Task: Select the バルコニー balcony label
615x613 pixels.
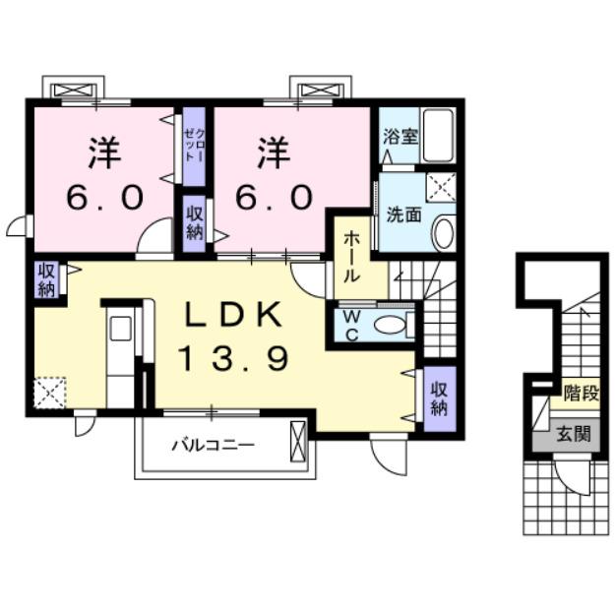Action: tap(213, 444)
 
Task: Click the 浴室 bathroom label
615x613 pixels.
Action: tap(400, 136)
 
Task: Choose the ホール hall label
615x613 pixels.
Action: tap(349, 258)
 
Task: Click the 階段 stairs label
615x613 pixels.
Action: tap(579, 397)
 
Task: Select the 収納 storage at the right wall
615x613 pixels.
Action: tap(438, 393)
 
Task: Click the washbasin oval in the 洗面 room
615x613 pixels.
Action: tap(444, 233)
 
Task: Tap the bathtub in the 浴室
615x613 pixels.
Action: tap(438, 138)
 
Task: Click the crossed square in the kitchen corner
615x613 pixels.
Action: tap(48, 394)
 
